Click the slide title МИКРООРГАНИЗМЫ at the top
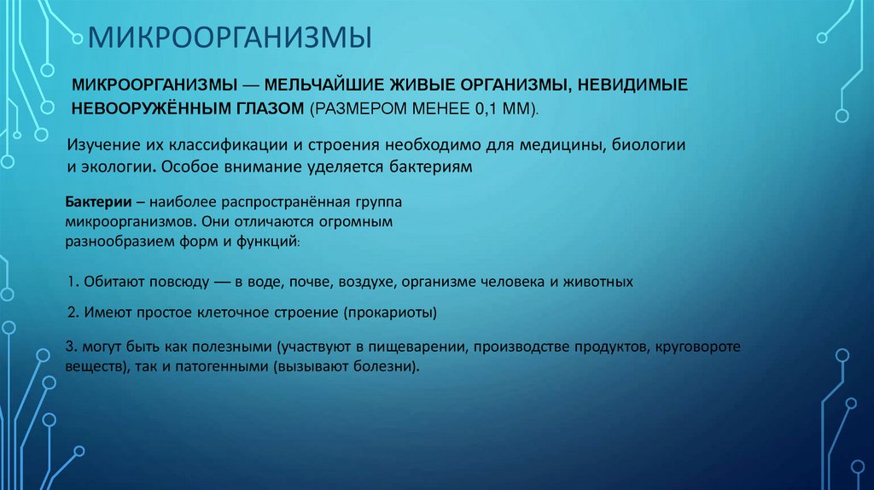224,39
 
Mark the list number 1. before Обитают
73,281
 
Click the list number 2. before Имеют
73,312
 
